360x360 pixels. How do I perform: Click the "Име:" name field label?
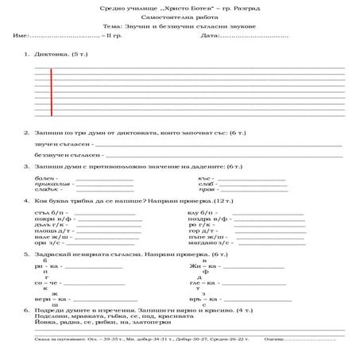(x=21, y=37)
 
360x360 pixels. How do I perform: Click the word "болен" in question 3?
(x=45, y=178)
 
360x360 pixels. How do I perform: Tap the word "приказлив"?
(x=51, y=184)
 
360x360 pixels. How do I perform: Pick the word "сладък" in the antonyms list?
(x=47, y=191)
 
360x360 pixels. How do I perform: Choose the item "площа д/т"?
(x=51, y=230)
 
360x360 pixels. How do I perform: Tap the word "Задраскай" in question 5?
(x=53, y=254)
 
